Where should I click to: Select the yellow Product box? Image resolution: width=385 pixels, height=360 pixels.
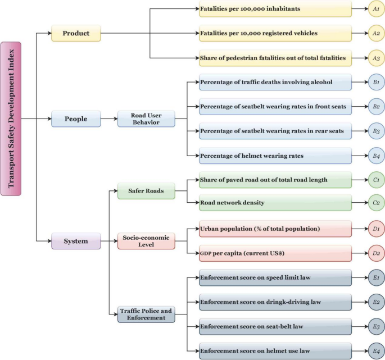point(76,34)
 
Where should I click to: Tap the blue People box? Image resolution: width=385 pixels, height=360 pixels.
point(76,119)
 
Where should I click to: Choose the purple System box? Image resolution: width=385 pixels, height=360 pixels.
point(76,241)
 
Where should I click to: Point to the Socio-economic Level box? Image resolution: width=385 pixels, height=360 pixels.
point(146,241)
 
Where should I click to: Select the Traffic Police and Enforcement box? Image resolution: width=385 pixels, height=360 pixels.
point(146,314)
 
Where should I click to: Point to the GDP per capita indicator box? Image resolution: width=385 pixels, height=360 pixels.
point(275,253)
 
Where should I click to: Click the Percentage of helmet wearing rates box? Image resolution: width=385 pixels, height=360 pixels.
point(275,156)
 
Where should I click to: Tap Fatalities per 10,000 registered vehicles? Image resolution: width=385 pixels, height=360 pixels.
point(275,34)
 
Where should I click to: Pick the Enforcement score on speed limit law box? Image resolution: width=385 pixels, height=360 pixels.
point(275,277)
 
